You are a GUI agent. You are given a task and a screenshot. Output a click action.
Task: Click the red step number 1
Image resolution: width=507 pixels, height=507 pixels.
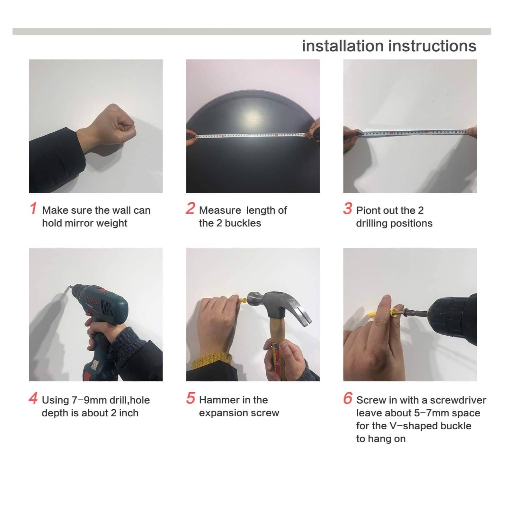click(x=33, y=208)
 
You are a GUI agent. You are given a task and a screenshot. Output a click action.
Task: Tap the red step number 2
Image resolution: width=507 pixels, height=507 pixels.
click(x=190, y=208)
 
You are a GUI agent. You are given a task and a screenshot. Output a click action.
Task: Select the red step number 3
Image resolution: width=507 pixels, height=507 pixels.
click(x=347, y=208)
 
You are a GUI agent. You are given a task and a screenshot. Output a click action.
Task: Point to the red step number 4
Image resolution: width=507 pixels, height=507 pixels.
click(x=33, y=398)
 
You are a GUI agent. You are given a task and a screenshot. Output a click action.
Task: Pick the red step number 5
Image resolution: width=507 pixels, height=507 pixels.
click(x=191, y=398)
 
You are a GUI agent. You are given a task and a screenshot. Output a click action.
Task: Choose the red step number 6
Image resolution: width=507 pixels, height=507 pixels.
click(x=348, y=398)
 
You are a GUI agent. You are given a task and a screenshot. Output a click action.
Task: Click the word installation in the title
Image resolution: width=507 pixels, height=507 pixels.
click(x=342, y=46)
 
